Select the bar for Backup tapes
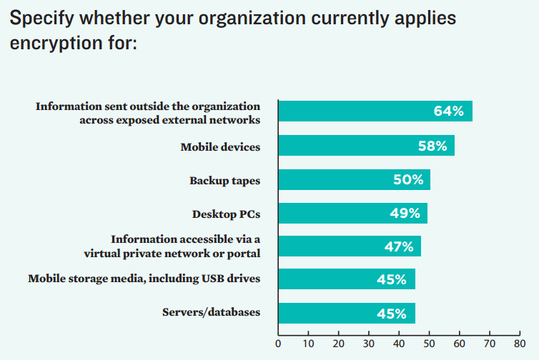354,179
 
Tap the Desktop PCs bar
352,213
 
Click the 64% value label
448,111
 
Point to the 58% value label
432,146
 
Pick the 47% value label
398,246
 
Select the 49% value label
405,213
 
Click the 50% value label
408,179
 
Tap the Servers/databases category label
211,312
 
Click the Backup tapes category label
224,181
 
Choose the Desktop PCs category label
226,214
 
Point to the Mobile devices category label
220,147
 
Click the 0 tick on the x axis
278,344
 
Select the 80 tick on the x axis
520,344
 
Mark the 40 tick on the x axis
399,344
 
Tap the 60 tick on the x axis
460,344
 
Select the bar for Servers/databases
347,313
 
